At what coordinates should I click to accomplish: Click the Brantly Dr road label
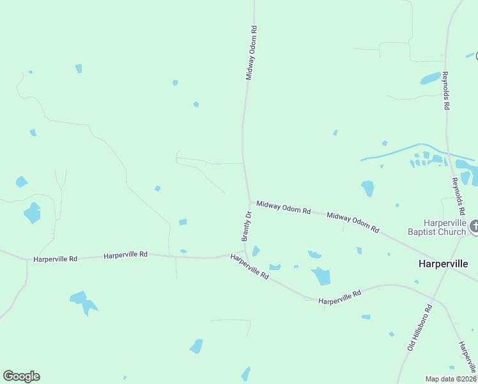click(248, 225)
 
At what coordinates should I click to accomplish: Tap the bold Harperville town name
click(443, 264)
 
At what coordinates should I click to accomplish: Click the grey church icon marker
click(474, 226)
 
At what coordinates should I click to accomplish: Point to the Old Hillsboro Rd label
click(420, 327)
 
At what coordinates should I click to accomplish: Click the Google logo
click(21, 376)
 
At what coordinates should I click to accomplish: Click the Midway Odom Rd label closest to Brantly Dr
click(283, 207)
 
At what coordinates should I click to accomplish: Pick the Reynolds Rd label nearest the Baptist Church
click(458, 196)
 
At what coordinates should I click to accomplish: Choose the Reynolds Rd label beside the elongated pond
click(445, 91)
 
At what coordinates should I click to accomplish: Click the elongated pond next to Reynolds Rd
click(430, 79)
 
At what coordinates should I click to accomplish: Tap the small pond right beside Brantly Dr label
click(256, 251)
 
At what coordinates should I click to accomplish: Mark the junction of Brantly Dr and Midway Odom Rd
click(249, 200)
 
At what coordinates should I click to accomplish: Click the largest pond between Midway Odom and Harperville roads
click(321, 276)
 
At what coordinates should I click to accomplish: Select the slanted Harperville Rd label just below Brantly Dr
click(250, 266)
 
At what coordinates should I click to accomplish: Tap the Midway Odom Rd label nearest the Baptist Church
click(353, 223)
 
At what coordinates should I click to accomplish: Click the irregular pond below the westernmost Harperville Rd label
click(84, 301)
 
